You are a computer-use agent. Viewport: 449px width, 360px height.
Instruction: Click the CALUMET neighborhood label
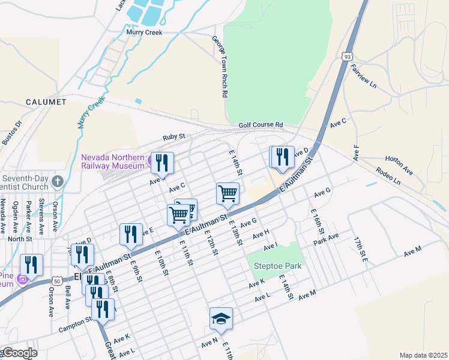pyautogui.click(x=46, y=102)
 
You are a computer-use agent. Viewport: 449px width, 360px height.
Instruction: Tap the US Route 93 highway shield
pyautogui.click(x=347, y=56)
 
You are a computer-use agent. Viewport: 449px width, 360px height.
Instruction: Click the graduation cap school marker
pyautogui.click(x=221, y=318)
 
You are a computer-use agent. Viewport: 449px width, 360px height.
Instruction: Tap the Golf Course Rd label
pyautogui.click(x=260, y=125)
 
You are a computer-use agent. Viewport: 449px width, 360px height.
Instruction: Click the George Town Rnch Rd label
pyautogui.click(x=220, y=66)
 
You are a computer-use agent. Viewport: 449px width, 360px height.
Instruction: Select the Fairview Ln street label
pyautogui.click(x=363, y=76)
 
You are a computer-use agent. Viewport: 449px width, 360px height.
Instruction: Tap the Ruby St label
pyautogui.click(x=175, y=137)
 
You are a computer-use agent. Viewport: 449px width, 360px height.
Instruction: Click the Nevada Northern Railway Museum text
pyautogui.click(x=112, y=162)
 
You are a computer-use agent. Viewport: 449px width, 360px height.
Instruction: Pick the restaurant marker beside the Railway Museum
pyautogui.click(x=161, y=162)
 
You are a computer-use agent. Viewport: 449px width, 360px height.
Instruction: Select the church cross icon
pyautogui.click(x=57, y=181)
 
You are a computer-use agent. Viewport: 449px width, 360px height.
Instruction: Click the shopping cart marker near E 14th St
pyautogui.click(x=228, y=193)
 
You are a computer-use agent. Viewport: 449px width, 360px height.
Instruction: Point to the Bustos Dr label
pyautogui.click(x=12, y=133)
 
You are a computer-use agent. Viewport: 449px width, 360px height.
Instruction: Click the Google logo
pyautogui.click(x=19, y=353)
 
